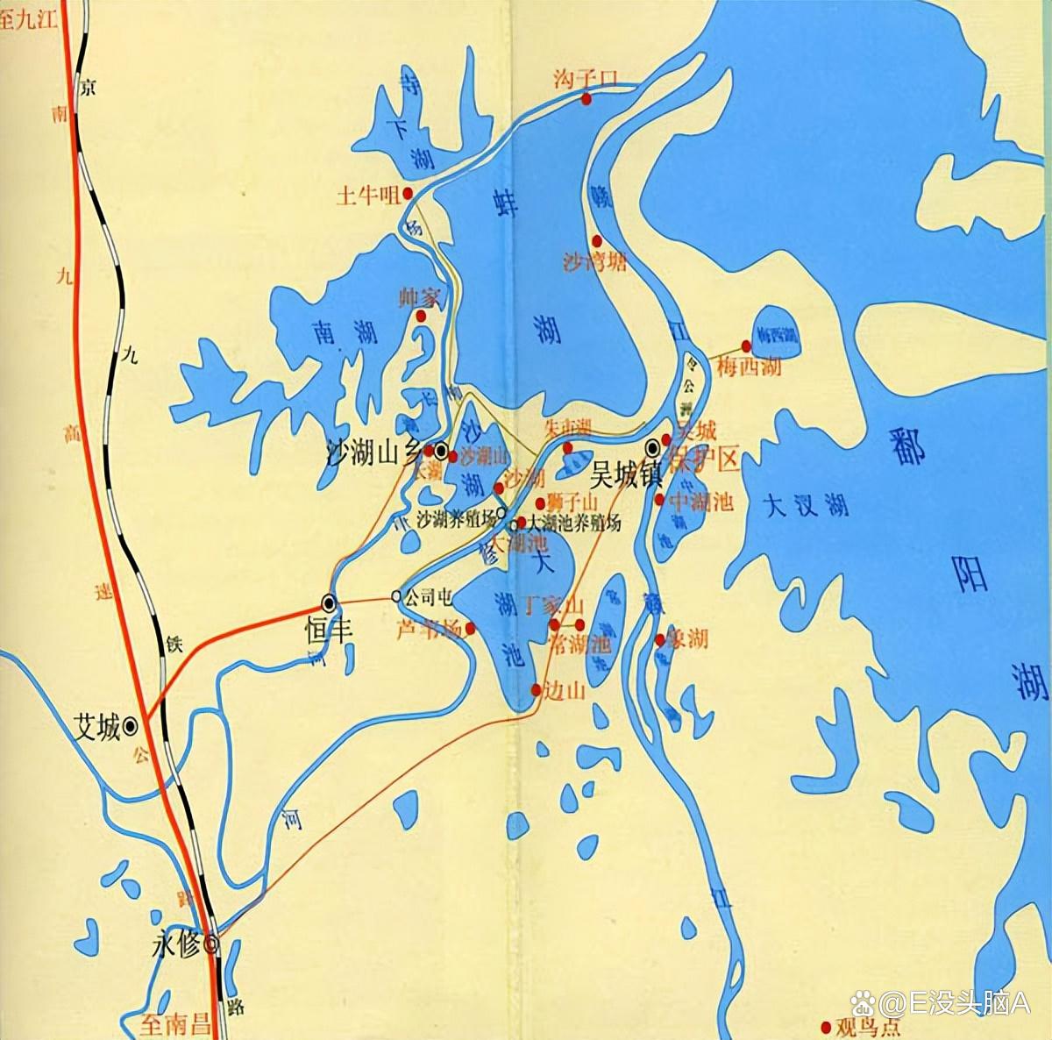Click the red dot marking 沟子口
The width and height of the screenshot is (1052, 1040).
(x=586, y=99)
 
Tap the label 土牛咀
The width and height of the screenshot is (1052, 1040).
(x=367, y=194)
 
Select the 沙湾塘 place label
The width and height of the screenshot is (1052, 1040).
(x=595, y=261)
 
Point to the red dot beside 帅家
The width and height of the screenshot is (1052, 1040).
(x=421, y=316)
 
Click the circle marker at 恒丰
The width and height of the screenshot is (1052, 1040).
(x=330, y=602)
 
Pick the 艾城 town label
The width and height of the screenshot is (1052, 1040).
(x=96, y=727)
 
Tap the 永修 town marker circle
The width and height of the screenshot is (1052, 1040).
(x=210, y=944)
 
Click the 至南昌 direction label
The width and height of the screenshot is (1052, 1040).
(x=176, y=1022)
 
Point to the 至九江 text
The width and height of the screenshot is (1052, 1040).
(x=29, y=19)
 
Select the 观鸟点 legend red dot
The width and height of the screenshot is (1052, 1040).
(x=824, y=1026)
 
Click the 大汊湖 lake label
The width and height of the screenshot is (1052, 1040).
(x=806, y=505)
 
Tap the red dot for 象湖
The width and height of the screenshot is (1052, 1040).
(x=660, y=640)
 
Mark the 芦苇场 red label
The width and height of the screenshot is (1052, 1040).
(x=428, y=629)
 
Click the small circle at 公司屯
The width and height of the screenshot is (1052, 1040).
(x=396, y=596)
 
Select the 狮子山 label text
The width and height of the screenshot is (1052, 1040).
(x=572, y=502)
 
